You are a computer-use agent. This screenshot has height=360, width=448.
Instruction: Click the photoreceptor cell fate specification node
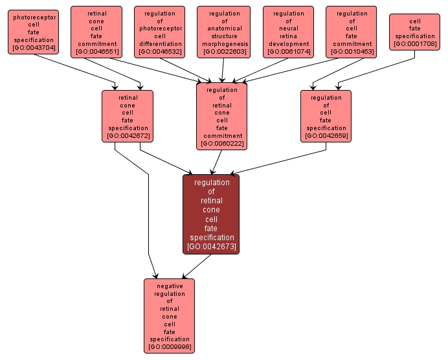click(34, 32)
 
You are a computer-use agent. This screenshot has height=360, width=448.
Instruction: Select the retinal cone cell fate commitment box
click(96, 32)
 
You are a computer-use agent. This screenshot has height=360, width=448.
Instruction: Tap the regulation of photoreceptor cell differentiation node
click(160, 32)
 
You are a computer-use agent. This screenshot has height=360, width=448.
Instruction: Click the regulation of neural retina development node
click(288, 32)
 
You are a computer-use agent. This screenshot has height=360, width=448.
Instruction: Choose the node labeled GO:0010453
click(352, 32)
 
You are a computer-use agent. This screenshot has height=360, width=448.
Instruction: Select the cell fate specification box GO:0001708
click(414, 32)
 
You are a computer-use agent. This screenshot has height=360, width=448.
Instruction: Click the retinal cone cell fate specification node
click(128, 115)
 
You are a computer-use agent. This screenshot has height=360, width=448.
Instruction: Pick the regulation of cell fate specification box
click(326, 115)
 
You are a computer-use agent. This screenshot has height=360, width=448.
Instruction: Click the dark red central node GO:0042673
click(211, 214)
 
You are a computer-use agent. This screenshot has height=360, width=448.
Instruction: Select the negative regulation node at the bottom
click(169, 316)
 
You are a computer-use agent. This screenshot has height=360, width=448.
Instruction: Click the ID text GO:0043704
click(34, 48)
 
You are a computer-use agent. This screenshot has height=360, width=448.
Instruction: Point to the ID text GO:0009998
click(169, 347)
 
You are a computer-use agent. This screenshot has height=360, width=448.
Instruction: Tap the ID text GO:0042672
click(128, 136)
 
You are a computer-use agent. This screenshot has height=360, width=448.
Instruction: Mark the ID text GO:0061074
click(288, 51)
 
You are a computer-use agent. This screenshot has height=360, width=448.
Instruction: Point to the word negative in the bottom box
click(169, 286)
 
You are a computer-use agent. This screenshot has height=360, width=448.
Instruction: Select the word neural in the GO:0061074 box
click(288, 28)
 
